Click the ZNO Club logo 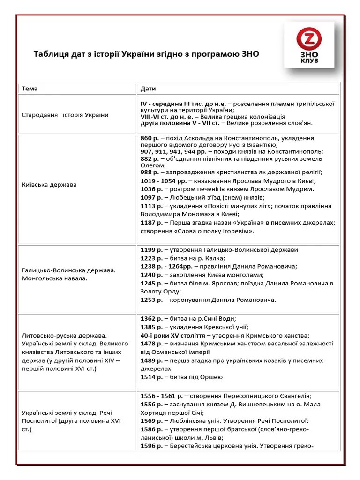[x=309, y=45]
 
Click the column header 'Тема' [x=30, y=89]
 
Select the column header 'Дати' [x=148, y=89]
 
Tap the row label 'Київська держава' [x=49, y=185]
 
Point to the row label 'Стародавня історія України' [x=65, y=115]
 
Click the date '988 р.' [x=151, y=172]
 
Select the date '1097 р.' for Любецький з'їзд [x=152, y=198]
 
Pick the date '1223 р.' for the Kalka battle [x=152, y=258]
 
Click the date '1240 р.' [x=152, y=275]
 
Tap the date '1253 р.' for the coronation [x=152, y=300]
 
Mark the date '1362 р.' [x=152, y=319]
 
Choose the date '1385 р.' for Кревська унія [x=152, y=327]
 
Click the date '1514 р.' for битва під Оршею [x=152, y=377]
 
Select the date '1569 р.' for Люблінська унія [x=152, y=420]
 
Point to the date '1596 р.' [x=152, y=446]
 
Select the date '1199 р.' [x=152, y=250]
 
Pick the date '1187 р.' [x=152, y=223]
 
